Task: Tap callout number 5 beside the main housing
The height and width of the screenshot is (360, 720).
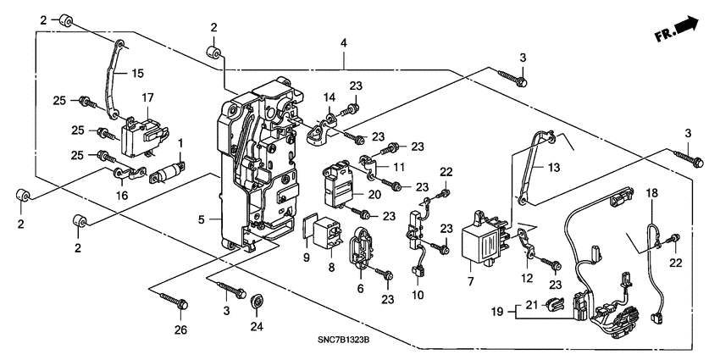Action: coord(202,220)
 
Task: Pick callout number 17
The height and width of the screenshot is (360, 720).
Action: coord(147,97)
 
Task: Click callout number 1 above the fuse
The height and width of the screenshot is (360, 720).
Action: coord(180,141)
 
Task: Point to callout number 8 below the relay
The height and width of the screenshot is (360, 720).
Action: coord(332,267)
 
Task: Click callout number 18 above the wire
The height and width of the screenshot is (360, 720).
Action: coord(651,195)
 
